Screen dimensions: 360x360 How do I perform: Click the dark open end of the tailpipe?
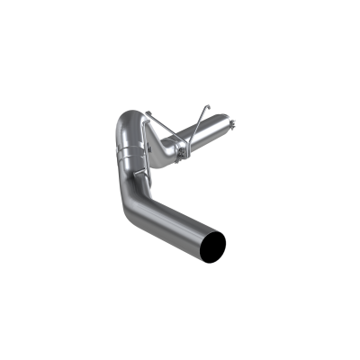click(217, 242)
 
